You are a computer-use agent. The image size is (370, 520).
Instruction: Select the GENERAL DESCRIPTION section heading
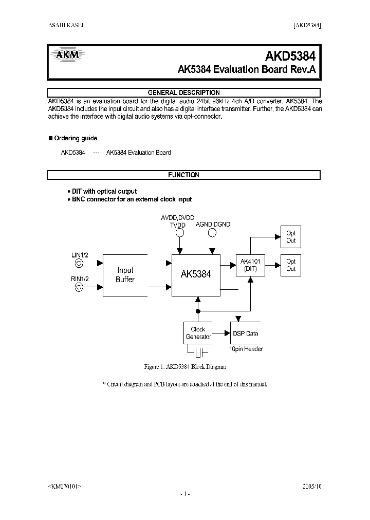coord(183,92)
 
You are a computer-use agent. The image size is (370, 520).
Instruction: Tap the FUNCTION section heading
coord(183,175)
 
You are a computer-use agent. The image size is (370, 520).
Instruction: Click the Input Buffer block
coord(125,275)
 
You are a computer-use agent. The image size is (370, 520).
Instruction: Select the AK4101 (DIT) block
coord(252,266)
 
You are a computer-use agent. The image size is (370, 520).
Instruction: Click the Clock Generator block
coord(198,333)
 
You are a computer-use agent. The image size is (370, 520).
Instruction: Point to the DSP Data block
coord(246,333)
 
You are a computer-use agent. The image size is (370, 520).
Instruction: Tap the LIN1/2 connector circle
coord(79,264)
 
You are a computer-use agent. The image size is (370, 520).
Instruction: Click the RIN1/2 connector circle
coord(79,287)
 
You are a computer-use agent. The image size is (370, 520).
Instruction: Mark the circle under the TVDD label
coord(180,233)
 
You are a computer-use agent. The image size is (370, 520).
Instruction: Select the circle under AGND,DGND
coord(212,233)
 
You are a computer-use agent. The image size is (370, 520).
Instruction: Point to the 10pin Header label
coord(246,349)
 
